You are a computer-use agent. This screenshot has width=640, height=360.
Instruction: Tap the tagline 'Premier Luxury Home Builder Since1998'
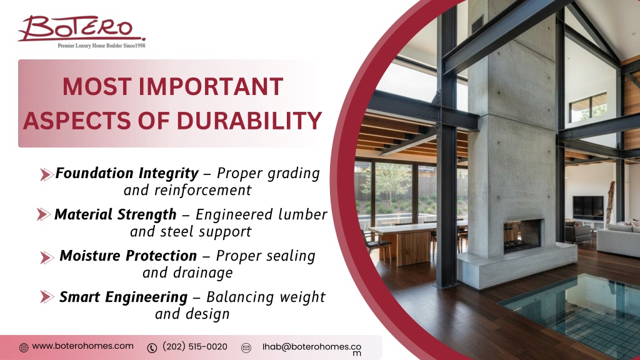(x=101, y=46)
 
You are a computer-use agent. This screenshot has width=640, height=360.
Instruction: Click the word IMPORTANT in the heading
(x=211, y=86)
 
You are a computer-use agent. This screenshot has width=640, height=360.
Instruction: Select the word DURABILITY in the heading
(x=249, y=121)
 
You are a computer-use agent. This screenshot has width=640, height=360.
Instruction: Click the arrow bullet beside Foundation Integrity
(x=46, y=175)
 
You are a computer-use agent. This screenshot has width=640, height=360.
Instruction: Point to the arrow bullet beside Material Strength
(x=43, y=214)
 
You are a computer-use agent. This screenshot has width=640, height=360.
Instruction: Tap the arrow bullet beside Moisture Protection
(x=47, y=257)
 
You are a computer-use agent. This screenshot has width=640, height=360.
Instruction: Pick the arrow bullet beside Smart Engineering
(x=47, y=297)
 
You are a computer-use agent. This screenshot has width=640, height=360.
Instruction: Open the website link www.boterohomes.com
(x=83, y=346)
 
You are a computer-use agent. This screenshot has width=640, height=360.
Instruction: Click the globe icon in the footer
(x=24, y=347)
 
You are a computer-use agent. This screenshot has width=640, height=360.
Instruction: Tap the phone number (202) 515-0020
(x=195, y=346)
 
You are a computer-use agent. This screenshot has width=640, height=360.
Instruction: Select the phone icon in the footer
(x=152, y=347)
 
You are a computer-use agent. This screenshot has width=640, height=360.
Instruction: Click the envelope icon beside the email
(x=246, y=347)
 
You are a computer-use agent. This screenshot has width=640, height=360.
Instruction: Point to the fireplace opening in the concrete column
(x=523, y=236)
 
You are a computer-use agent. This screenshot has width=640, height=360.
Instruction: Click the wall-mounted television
(x=587, y=207)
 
